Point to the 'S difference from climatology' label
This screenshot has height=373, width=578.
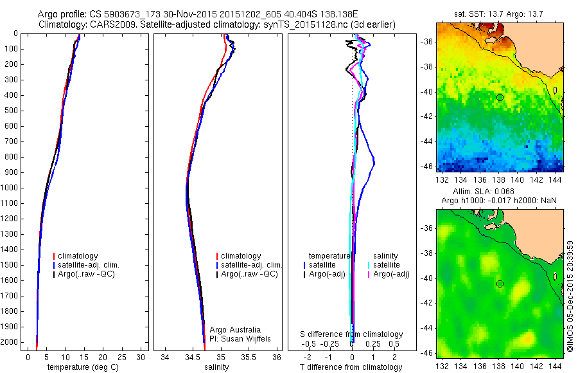351,334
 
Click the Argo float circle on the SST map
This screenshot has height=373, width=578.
500,97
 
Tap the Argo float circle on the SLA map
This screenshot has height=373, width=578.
500,284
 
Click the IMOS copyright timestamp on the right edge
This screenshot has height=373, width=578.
570,296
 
